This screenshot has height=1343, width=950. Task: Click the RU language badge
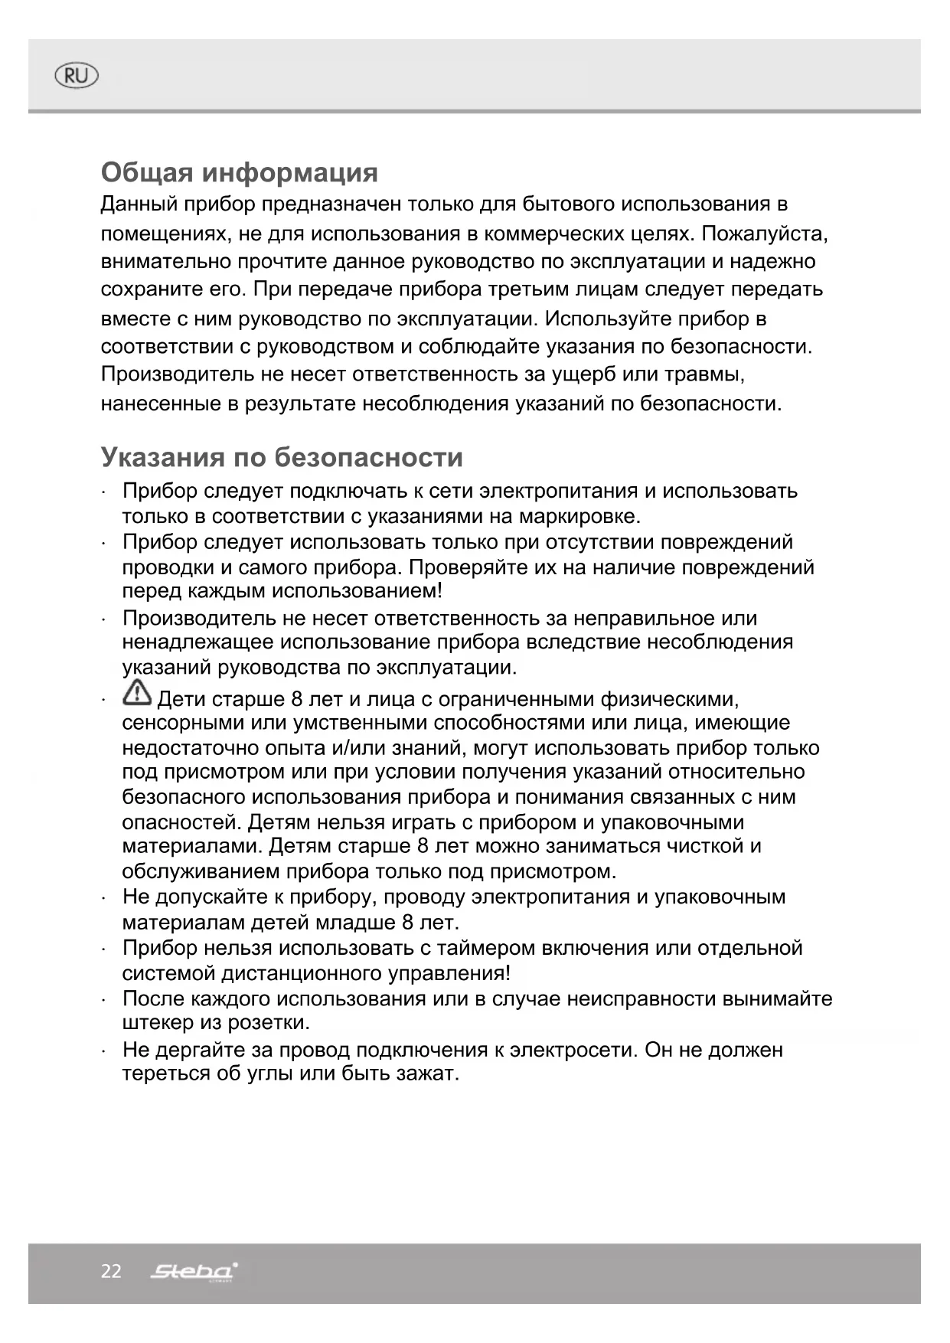pos(77,76)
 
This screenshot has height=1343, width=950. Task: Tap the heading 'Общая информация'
pos(239,172)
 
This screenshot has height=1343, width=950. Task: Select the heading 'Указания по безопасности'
pos(282,457)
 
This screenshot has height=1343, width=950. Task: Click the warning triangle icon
pos(137,693)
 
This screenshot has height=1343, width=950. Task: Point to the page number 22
pos(111,1272)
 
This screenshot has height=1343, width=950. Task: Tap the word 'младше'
pos(359,923)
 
